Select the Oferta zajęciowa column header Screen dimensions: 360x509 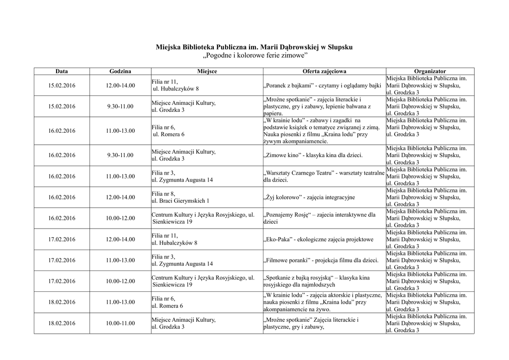324,72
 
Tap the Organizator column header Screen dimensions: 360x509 430,72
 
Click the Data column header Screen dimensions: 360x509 62,72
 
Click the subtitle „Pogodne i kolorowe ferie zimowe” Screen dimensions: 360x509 254,55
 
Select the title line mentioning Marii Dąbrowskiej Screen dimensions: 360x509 254,47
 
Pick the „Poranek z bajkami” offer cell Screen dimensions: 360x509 322,86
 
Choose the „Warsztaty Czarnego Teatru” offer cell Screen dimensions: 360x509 324,176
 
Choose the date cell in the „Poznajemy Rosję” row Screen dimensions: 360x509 62,218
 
